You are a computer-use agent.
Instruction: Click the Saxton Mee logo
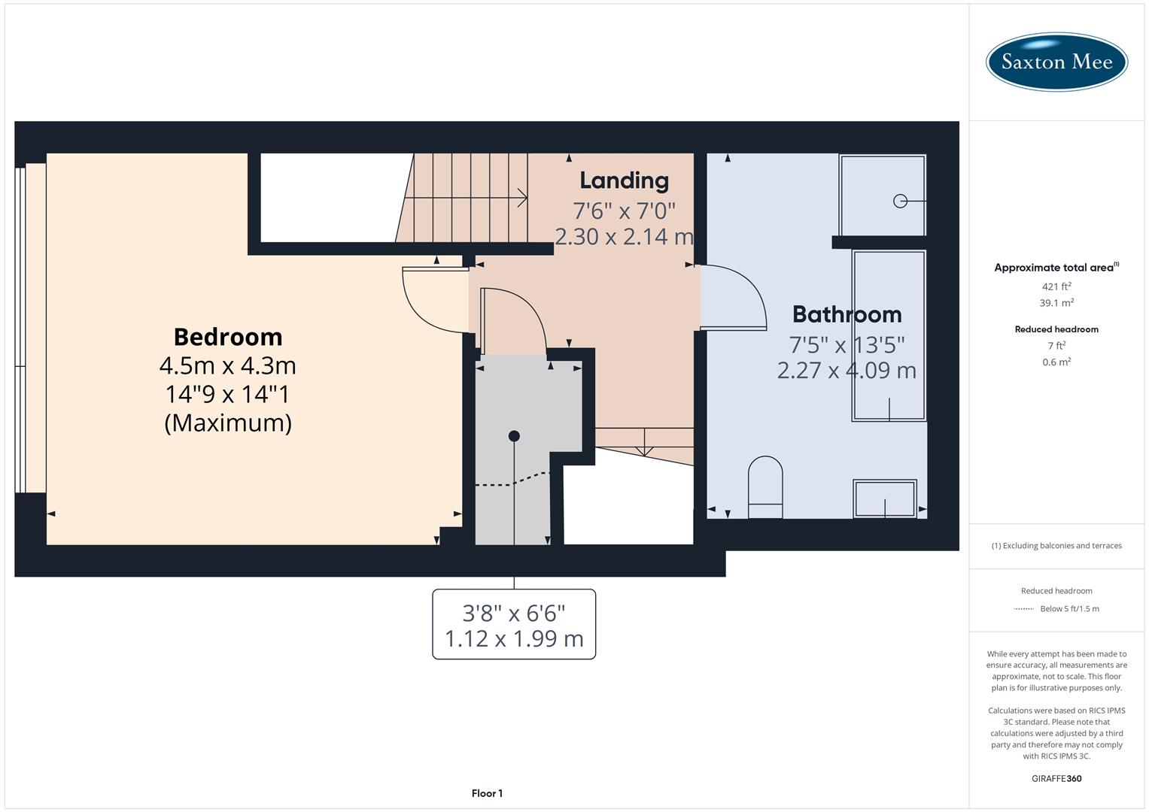(1056, 62)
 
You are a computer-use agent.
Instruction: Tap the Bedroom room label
(228, 337)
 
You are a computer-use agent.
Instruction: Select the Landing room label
(624, 180)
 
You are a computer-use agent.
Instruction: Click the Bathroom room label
(847, 314)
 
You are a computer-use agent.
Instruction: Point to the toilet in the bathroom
(765, 486)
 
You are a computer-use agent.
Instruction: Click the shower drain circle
(900, 201)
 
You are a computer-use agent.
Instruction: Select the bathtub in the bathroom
(889, 335)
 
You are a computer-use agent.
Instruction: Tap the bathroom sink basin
(885, 498)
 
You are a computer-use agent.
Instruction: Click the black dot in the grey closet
(514, 436)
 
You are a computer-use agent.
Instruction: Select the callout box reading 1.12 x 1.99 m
(514, 625)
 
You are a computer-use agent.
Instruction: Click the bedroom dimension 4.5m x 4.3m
(228, 366)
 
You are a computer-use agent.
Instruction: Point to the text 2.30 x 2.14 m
(624, 237)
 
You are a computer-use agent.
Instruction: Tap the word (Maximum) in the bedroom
(228, 423)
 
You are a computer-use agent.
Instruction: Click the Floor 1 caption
(487, 793)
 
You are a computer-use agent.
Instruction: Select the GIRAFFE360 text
(1056, 778)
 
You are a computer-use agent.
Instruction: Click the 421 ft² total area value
(1056, 286)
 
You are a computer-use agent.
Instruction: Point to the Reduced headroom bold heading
(1056, 329)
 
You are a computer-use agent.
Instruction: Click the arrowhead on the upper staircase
(522, 198)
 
